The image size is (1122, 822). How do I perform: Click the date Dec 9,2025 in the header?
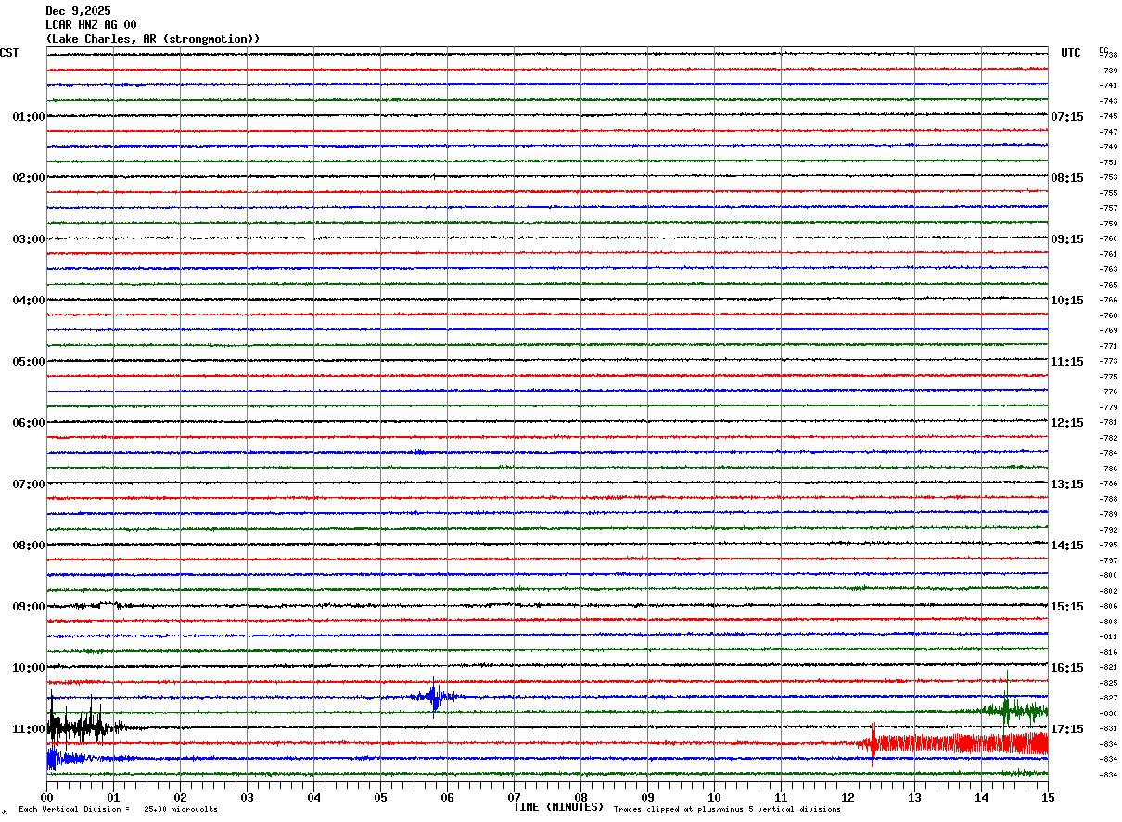(x=78, y=11)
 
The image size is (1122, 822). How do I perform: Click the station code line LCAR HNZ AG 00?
(x=91, y=25)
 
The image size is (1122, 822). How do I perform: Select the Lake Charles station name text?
(x=152, y=39)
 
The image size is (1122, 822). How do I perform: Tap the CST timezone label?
(x=9, y=53)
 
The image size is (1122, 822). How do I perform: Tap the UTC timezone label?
(x=1070, y=53)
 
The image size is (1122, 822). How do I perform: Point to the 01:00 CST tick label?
(x=28, y=117)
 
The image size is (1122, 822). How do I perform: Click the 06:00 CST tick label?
(x=28, y=423)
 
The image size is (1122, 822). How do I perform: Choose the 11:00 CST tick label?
(x=28, y=729)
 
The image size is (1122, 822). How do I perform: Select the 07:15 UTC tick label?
(x=1067, y=117)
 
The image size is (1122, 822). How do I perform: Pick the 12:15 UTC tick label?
(x=1067, y=423)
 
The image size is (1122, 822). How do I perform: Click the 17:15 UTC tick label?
(x=1067, y=729)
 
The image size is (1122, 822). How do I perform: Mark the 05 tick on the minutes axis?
(x=381, y=797)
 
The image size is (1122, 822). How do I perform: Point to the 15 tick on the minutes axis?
(x=1048, y=797)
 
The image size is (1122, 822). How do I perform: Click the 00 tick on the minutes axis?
(x=47, y=797)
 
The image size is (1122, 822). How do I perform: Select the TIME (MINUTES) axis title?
(x=558, y=807)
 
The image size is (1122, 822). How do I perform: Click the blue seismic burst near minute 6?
(x=434, y=697)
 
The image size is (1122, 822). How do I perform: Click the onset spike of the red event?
(x=873, y=742)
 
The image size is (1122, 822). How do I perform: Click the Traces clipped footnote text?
(x=727, y=810)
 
